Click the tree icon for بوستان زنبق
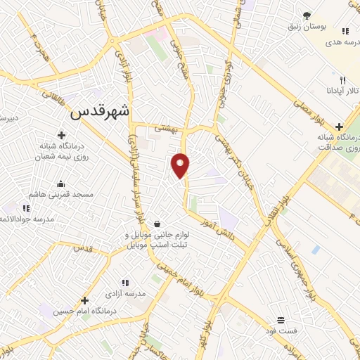307,15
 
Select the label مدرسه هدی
335,42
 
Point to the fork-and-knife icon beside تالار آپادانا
342,80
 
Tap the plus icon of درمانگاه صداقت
339,126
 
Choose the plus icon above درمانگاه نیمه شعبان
62,135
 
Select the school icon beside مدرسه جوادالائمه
27,208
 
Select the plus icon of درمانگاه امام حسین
85,300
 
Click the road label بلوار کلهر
210,338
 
